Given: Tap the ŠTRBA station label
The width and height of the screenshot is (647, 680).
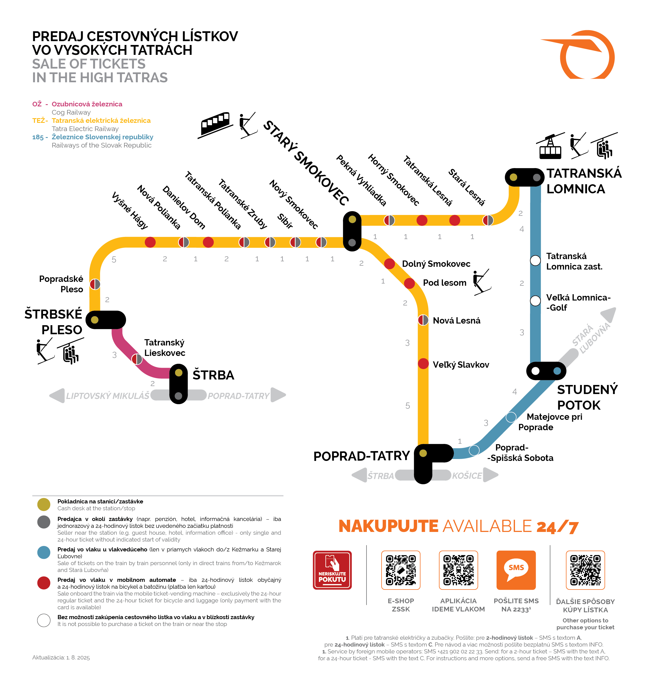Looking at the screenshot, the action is (x=213, y=375).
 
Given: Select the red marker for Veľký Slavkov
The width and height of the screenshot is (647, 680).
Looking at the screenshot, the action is (x=423, y=364).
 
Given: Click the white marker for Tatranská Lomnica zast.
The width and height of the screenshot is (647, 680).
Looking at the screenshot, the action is (x=535, y=260).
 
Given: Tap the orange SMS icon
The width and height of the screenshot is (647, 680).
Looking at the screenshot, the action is (x=516, y=570).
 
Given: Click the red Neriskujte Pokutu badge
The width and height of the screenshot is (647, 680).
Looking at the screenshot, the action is (x=332, y=570).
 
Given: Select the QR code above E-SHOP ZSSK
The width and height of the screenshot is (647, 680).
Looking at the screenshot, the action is (x=401, y=570).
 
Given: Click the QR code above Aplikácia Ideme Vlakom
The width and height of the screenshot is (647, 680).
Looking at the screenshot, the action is (x=458, y=570).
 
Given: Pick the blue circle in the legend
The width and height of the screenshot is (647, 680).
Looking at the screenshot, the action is (x=44, y=552).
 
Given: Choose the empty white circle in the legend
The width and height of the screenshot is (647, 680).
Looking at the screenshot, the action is (x=44, y=620).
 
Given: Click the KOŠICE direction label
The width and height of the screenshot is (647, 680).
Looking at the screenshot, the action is (x=467, y=476).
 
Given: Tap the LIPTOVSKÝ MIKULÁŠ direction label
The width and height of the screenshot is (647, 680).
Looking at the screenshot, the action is (x=108, y=396).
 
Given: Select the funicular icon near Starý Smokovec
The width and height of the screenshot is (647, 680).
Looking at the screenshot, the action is (x=215, y=124).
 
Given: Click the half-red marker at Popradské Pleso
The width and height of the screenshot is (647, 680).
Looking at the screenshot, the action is (x=95, y=284).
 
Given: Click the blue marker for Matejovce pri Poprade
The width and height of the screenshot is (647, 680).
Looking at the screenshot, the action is (x=511, y=417).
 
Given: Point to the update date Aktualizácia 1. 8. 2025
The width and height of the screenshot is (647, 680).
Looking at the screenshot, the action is (x=61, y=658).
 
